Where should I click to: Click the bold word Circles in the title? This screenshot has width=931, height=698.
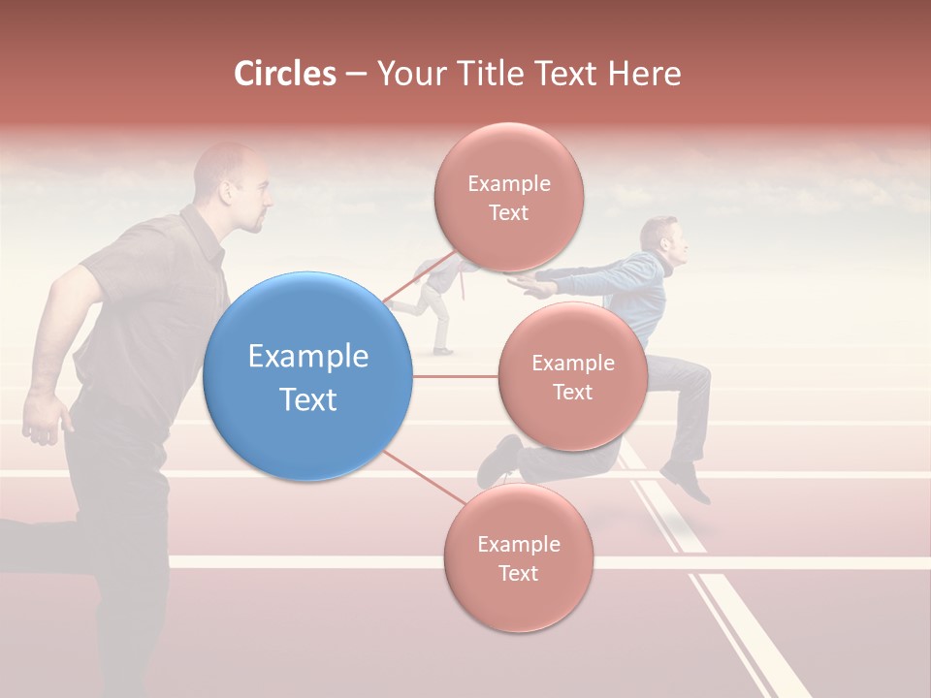(x=285, y=74)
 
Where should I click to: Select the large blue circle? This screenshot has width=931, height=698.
(x=307, y=376)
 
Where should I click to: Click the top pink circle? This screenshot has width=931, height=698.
(x=508, y=197)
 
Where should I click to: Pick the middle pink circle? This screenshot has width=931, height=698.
(x=572, y=376)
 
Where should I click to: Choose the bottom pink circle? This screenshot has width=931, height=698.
(x=518, y=557)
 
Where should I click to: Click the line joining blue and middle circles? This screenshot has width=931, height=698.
(x=455, y=376)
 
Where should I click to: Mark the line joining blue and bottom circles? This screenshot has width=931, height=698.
(x=424, y=478)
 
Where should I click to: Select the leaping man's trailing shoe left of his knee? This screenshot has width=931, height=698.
(x=498, y=460)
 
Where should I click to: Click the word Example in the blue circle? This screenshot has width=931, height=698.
(x=308, y=357)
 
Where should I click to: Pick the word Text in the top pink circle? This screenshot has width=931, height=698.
(x=508, y=212)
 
